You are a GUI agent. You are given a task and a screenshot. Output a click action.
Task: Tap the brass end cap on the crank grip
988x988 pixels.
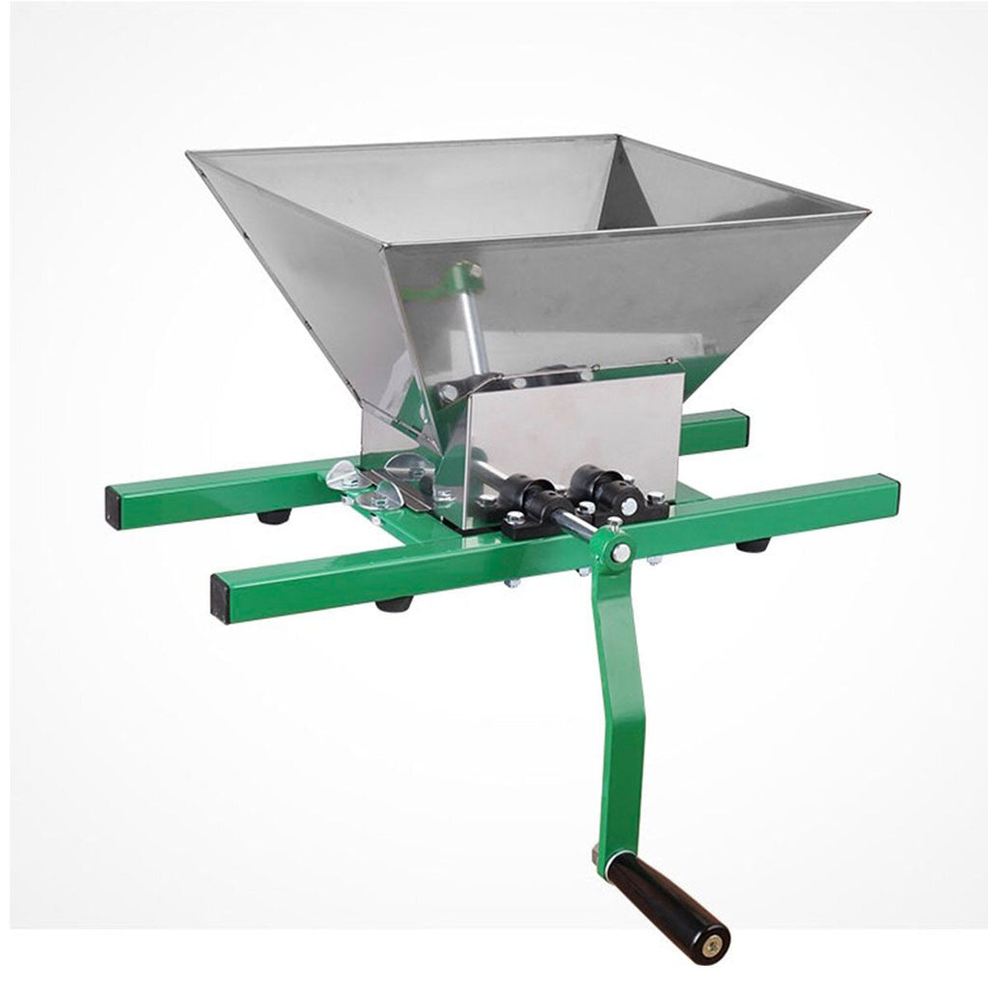tap(716, 937)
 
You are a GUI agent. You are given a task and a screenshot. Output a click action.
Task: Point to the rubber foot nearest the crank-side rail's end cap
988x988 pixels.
tap(390, 605)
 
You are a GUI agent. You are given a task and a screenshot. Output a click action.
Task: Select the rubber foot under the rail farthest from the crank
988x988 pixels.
tap(272, 516)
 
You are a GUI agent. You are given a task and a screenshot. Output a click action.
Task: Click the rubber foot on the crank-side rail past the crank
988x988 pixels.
tap(753, 545)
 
